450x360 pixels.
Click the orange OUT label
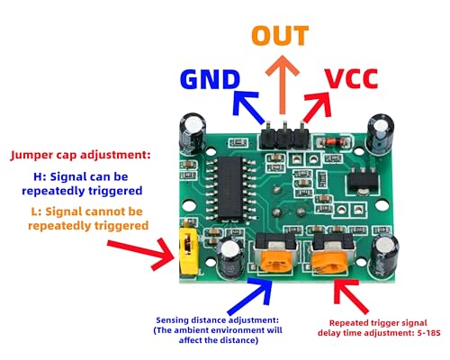pyautogui.click(x=280, y=35)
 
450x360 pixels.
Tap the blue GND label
pyautogui.click(x=211, y=79)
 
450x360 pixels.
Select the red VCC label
pyautogui.click(x=352, y=78)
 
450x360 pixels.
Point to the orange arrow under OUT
pyautogui.click(x=283, y=85)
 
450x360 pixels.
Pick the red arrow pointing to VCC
pyautogui.click(x=319, y=106)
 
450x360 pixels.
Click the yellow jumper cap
pyautogui.click(x=188, y=250)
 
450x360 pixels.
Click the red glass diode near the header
pyautogui.click(x=332, y=140)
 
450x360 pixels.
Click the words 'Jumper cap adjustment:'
pyautogui.click(x=80, y=155)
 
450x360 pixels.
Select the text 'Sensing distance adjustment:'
pyautogui.click(x=218, y=320)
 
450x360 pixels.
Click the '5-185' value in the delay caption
pyautogui.click(x=428, y=333)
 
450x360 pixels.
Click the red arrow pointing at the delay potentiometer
pyautogui.click(x=350, y=296)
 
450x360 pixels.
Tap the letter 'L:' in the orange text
pyautogui.click(x=36, y=211)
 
